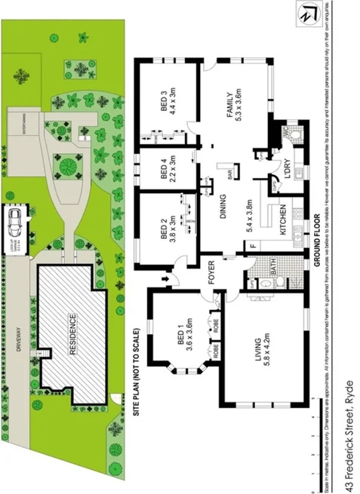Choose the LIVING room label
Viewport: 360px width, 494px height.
(260, 349)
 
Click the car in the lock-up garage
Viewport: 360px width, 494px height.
(14, 220)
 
